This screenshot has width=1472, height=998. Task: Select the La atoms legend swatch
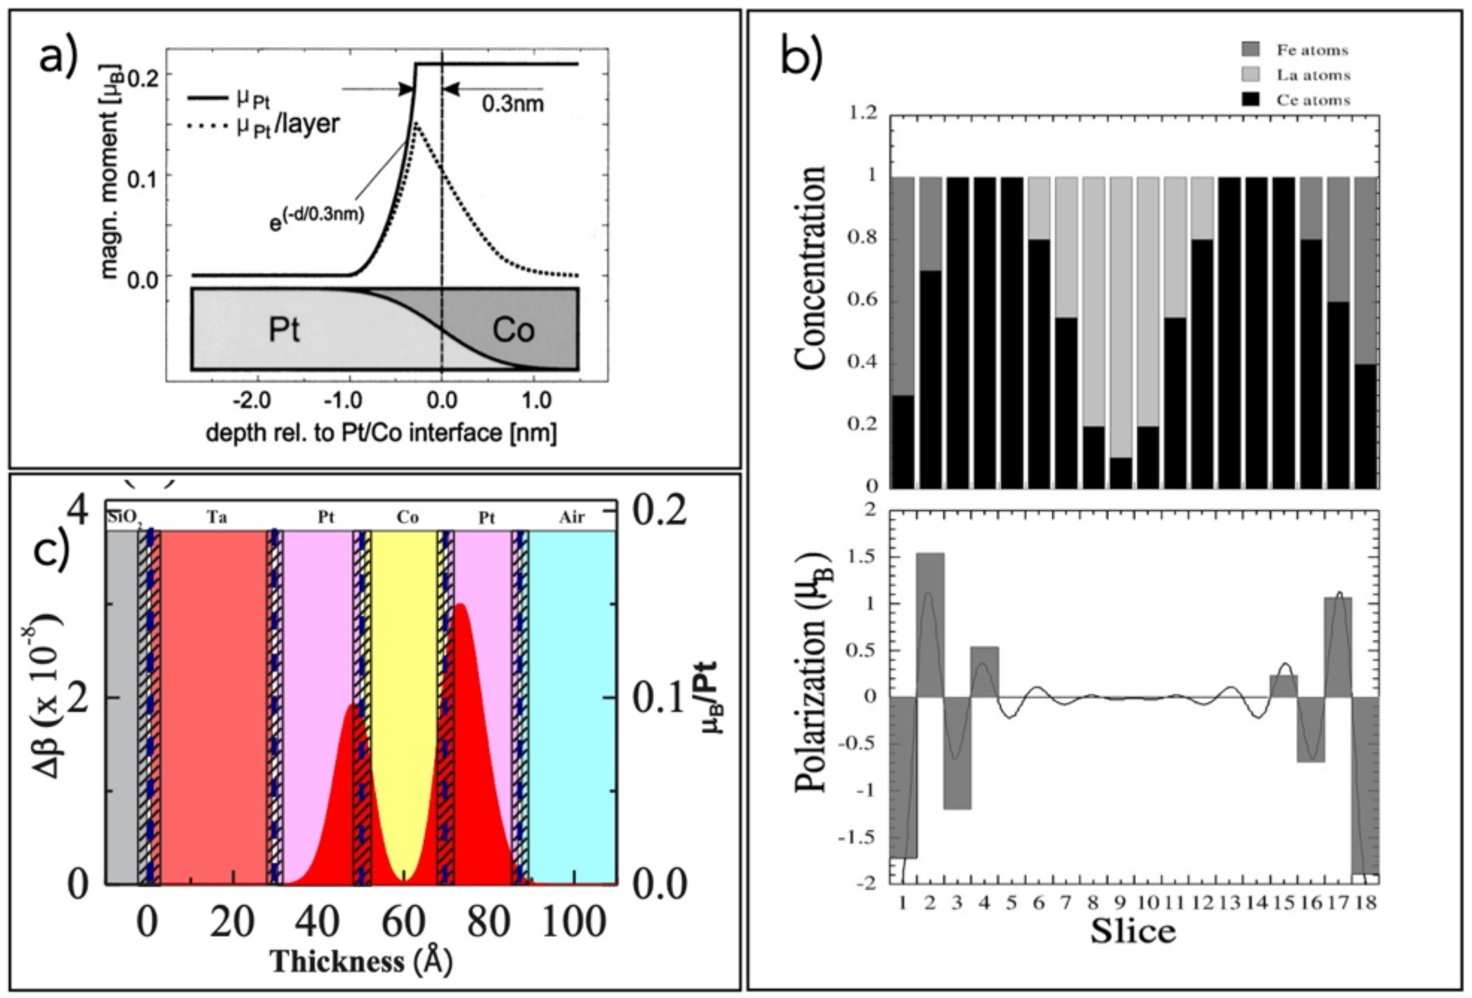(x=1250, y=74)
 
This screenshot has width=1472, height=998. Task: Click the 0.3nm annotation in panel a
(x=512, y=103)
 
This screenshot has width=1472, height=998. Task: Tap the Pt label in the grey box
(x=284, y=330)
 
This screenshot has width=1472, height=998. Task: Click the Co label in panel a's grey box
(x=513, y=330)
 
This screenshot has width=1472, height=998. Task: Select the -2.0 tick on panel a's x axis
(x=251, y=401)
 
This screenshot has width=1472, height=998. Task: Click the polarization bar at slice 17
(x=1338, y=646)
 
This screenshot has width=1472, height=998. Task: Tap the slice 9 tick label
(x=1121, y=902)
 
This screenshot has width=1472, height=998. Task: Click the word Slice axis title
(x=1133, y=931)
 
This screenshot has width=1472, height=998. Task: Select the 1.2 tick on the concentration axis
(x=864, y=113)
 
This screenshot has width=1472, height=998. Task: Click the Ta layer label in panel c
(x=217, y=517)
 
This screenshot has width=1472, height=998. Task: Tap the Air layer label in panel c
(x=571, y=517)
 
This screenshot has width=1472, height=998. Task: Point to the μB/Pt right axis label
(x=713, y=698)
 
